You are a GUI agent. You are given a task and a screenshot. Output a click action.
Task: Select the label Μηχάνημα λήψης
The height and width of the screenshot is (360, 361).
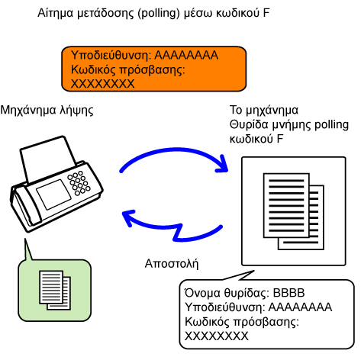47,111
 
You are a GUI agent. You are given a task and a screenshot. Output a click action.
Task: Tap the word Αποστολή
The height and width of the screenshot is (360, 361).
172,264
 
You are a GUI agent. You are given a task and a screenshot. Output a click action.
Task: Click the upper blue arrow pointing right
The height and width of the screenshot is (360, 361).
173,150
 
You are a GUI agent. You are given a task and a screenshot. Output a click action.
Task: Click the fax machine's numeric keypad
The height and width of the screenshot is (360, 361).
79,183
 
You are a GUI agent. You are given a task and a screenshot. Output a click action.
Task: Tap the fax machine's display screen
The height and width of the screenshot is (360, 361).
53,194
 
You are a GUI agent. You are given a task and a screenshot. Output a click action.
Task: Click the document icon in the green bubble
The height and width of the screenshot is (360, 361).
55,290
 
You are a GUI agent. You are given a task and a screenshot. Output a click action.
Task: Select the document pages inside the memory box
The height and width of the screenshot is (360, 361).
294,211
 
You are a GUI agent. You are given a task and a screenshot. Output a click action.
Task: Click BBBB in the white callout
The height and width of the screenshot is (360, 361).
288,293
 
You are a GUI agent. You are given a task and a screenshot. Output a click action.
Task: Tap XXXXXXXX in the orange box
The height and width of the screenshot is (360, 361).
102,84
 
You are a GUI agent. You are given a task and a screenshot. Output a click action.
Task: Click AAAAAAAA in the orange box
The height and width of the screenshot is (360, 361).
186,55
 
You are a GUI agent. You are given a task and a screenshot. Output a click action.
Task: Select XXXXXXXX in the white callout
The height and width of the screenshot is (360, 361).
217,336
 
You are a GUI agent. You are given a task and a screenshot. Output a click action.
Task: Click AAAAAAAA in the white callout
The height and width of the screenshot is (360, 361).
300,307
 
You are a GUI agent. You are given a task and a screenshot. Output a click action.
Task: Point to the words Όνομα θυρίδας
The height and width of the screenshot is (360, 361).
227,293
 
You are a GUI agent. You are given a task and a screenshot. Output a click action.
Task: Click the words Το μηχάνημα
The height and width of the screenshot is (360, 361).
264,111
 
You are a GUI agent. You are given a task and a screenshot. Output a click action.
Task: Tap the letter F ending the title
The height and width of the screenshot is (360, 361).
266,13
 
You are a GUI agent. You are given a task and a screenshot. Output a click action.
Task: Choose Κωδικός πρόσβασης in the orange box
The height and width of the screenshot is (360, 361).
127,70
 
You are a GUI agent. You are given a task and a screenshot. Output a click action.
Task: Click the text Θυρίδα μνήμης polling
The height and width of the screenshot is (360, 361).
289,125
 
